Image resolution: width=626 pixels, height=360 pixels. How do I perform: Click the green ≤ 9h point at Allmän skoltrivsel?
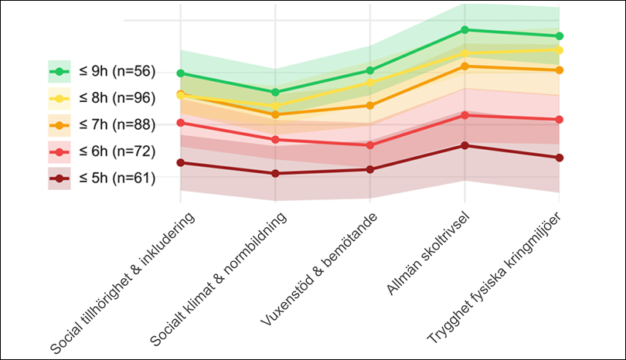point(464,29)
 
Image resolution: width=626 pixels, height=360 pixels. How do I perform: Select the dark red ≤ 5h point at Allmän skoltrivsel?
point(464,145)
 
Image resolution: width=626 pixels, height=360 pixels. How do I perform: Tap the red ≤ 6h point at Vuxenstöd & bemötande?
point(370,145)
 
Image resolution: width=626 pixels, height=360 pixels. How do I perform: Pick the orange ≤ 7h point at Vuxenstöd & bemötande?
point(370,105)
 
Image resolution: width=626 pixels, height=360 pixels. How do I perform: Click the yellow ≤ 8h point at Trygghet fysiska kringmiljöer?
point(560,50)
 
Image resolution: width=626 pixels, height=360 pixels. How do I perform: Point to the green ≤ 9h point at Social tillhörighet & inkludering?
point(181,73)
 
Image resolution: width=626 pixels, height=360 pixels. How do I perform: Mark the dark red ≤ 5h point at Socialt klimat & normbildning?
point(275,174)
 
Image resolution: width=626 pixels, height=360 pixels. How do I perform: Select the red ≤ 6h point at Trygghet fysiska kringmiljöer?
point(560,120)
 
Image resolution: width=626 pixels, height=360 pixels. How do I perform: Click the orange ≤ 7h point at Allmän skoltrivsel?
point(464,66)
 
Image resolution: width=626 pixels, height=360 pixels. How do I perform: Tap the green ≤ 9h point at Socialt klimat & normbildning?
point(275,92)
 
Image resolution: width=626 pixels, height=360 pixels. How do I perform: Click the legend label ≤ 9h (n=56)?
point(116,72)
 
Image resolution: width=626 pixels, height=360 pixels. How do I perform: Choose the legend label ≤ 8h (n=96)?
point(116,98)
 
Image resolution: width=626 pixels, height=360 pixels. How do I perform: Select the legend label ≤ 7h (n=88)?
point(116,124)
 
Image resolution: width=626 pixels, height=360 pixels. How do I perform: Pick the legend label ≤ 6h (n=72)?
point(116,151)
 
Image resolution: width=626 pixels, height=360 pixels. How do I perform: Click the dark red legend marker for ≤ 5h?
point(60,178)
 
